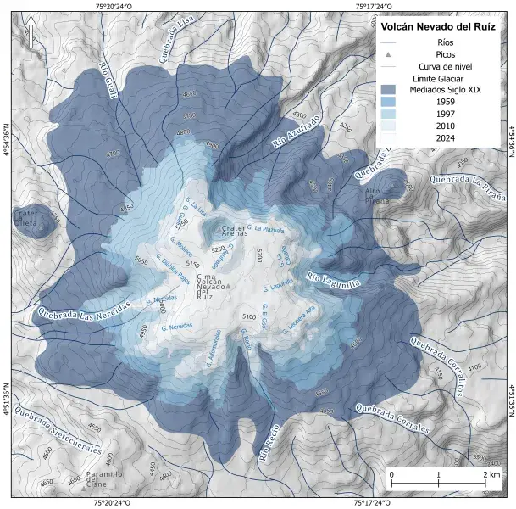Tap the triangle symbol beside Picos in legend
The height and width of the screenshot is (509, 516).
point(389,54)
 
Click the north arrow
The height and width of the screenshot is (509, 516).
point(30,35)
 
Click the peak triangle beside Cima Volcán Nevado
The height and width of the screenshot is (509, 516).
point(228,286)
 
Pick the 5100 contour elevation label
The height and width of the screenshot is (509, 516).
point(249,316)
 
